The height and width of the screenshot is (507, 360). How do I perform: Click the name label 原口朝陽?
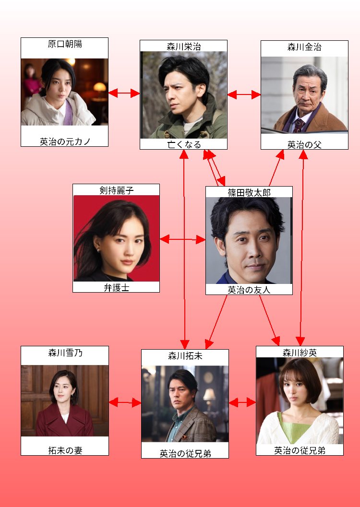click(65, 44)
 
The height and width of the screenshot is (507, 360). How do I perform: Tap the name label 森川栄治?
click(184, 47)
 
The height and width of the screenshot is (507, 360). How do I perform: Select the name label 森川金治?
click(304, 47)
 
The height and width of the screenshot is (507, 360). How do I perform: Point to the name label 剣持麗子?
click(117, 190)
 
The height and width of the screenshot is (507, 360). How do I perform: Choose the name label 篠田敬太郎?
click(249, 192)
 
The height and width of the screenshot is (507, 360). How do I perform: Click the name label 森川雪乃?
click(65, 353)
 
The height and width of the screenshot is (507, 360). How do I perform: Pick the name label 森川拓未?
click(185, 356)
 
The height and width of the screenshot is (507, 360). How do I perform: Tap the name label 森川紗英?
click(300, 353)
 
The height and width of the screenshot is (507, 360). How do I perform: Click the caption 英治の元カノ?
click(65, 141)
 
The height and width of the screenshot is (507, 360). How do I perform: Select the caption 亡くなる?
click(184, 144)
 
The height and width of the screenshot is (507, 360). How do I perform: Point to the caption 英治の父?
click(304, 144)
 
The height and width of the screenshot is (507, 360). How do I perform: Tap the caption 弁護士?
click(116, 288)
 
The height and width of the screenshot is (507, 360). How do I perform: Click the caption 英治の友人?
click(249, 290)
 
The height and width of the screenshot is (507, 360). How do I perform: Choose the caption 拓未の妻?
click(65, 450)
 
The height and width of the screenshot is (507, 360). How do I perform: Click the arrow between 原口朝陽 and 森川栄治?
click(124, 93)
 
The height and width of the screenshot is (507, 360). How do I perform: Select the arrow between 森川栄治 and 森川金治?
click(244, 95)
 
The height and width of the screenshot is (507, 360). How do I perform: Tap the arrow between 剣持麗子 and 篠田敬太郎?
click(182, 239)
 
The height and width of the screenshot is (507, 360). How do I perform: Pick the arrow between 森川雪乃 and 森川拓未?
click(125, 402)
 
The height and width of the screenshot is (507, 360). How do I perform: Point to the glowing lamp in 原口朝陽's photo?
click(99, 86)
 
